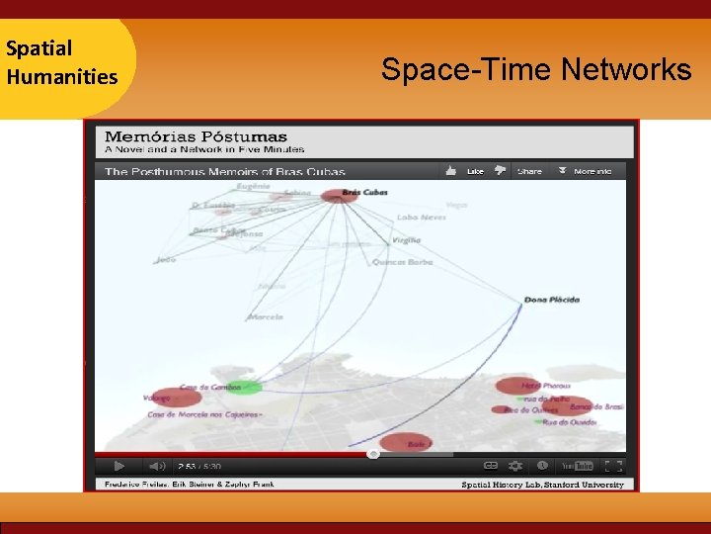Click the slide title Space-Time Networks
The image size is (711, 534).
pyautogui.click(x=536, y=70)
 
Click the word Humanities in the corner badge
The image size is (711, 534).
pyautogui.click(x=61, y=76)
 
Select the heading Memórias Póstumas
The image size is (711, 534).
pyautogui.click(x=196, y=136)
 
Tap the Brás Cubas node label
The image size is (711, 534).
pyautogui.click(x=364, y=192)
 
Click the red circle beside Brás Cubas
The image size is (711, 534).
pyautogui.click(x=334, y=197)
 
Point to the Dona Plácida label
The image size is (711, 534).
pyautogui.click(x=551, y=299)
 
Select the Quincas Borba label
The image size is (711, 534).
pyautogui.click(x=402, y=262)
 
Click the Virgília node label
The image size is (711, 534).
pyautogui.click(x=406, y=239)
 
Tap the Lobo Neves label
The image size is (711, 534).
pyautogui.click(x=421, y=217)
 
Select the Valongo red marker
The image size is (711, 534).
pyautogui.click(x=179, y=398)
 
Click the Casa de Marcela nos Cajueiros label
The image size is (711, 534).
pyautogui.click(x=204, y=414)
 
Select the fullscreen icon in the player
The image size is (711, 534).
pyautogui.click(x=612, y=466)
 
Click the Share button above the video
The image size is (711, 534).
pyautogui.click(x=529, y=171)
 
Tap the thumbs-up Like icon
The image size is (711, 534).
pyautogui.click(x=451, y=170)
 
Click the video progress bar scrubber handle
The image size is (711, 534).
pyautogui.click(x=373, y=454)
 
